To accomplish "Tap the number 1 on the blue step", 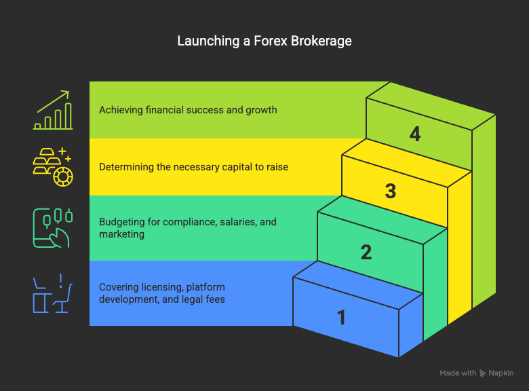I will tap(341, 317).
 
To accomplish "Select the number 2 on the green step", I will tap(366, 253).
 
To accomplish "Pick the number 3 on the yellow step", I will tap(391, 191).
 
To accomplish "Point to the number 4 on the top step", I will tap(415, 134).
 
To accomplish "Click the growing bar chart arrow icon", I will tap(54, 110).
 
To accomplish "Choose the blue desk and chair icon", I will tap(54, 293).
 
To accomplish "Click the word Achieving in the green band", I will tap(120, 110).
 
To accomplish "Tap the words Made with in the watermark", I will tap(458, 373).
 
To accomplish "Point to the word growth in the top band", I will tap(261, 110).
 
